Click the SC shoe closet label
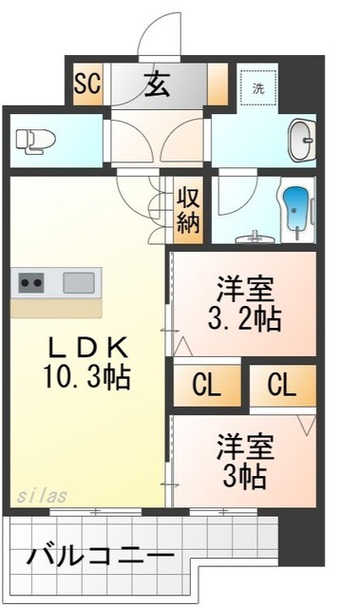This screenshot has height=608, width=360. click(x=87, y=84)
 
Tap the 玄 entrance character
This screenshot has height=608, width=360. click(x=157, y=85)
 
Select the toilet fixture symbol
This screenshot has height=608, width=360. click(x=36, y=140)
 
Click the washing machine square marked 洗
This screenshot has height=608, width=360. click(x=257, y=87)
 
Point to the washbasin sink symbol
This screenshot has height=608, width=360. click(x=302, y=140)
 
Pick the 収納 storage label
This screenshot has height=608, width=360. click(x=186, y=211)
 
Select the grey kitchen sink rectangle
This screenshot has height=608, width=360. click(x=81, y=282)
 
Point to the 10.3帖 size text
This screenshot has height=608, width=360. click(x=85, y=377)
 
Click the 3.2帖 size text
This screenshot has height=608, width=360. click(x=243, y=317)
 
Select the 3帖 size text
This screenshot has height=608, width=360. click(x=243, y=472)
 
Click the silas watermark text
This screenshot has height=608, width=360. click(x=40, y=496)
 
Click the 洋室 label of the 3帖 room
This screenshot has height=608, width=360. click(x=243, y=445)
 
